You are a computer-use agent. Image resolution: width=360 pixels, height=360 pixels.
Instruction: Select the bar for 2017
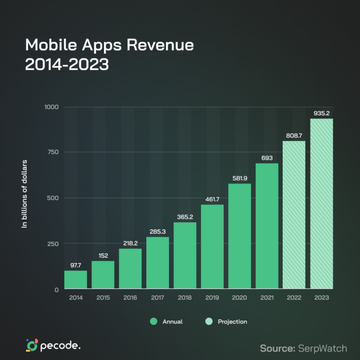[157, 262]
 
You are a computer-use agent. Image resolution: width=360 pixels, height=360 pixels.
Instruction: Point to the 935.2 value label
[322, 113]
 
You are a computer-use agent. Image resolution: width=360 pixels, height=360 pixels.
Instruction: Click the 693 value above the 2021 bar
[267, 157]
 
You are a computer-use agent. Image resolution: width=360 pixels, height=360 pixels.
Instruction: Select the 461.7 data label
[212, 199]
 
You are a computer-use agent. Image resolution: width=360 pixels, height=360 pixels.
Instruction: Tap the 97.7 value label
[75, 265]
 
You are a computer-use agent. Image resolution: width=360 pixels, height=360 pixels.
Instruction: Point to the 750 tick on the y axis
[52, 152]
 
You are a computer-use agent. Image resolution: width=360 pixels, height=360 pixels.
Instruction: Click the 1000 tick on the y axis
[51, 107]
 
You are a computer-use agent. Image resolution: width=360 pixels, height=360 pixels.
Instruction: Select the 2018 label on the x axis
[185, 298]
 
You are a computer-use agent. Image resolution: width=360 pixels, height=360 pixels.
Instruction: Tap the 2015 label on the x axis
[103, 298]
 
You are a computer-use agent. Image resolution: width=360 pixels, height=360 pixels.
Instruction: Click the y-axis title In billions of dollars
[25, 194]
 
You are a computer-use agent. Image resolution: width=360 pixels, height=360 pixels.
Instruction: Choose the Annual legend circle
[153, 322]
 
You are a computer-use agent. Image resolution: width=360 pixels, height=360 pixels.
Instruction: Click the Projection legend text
[232, 322]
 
